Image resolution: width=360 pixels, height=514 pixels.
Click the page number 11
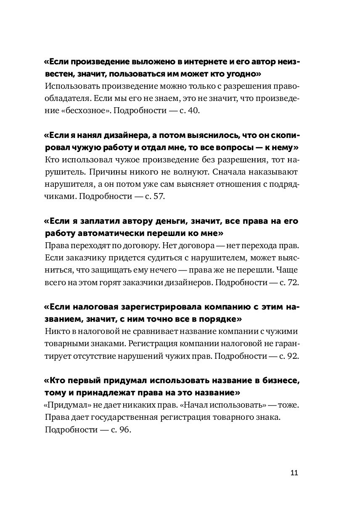click(294, 472)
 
